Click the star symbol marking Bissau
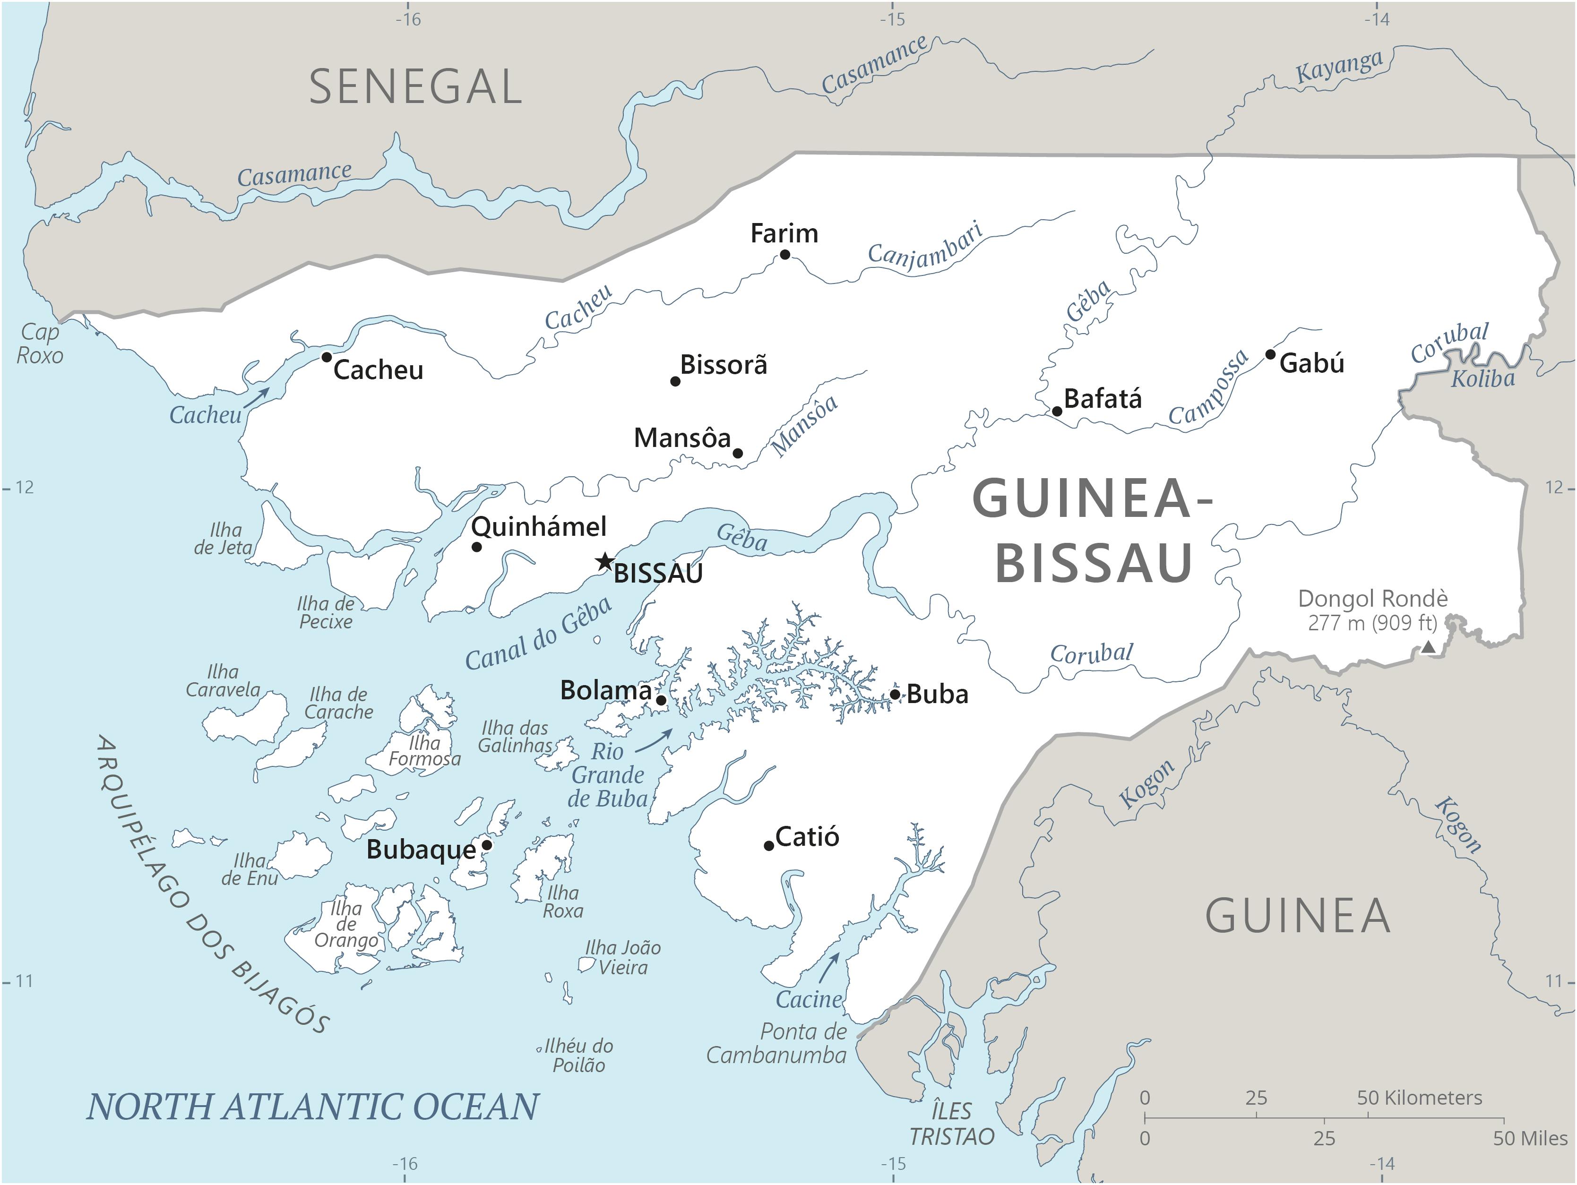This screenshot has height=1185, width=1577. click(x=604, y=561)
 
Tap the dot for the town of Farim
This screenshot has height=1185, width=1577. click(x=785, y=255)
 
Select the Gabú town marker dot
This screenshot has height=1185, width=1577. click(x=1270, y=354)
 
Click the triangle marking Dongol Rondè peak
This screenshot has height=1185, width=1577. click(x=1429, y=647)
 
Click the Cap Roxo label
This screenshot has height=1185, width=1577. click(x=40, y=343)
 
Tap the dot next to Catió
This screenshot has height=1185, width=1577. click(x=768, y=846)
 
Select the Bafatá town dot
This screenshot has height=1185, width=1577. click(x=1057, y=412)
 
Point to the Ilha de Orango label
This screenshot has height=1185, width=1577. click(x=346, y=924)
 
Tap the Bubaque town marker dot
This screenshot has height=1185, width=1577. click(x=487, y=845)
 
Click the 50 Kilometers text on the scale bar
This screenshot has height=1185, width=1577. click(x=1419, y=1098)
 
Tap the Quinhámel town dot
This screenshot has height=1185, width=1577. click(x=477, y=547)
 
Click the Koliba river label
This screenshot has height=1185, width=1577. click(x=1483, y=378)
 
